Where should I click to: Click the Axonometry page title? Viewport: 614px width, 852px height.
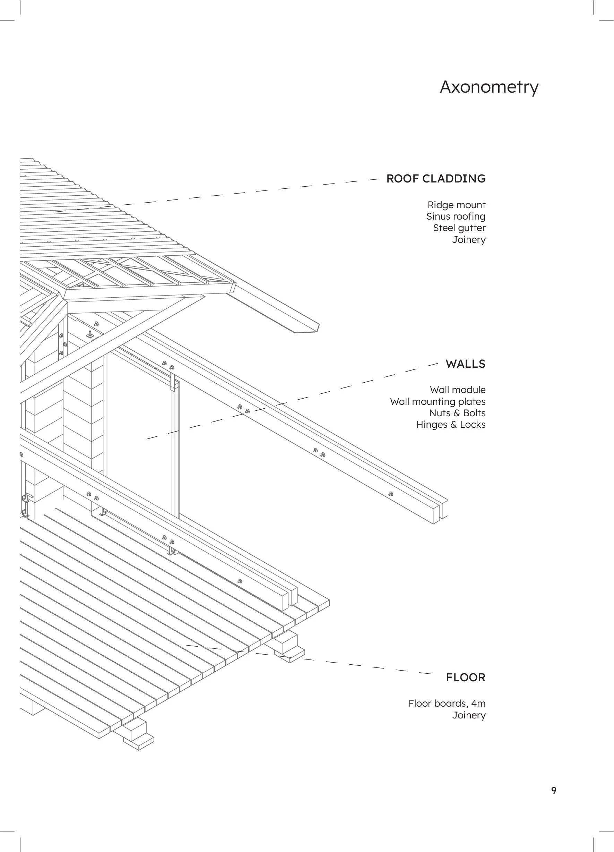coord(489,87)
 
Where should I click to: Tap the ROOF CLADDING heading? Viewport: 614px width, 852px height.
coord(435,178)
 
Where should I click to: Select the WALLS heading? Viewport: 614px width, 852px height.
coord(465,364)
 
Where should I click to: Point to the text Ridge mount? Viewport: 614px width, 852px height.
coord(456,205)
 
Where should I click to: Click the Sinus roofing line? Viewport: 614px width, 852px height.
coord(456,216)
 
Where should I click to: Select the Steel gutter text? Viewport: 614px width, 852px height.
coord(459,228)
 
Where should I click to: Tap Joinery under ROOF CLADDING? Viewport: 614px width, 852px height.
coord(469,240)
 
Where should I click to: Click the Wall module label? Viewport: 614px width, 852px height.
coord(457,390)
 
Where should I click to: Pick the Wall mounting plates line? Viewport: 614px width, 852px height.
coord(438,402)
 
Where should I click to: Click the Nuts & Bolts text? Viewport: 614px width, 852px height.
coord(457,413)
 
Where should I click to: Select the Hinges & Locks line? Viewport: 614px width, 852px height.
coord(451,425)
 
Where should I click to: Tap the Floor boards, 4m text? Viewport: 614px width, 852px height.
coord(447,703)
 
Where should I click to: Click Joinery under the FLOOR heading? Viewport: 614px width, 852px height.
coord(469,715)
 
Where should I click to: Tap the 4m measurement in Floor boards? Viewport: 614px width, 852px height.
coord(478,703)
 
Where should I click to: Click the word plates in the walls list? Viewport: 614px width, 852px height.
coord(473,402)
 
